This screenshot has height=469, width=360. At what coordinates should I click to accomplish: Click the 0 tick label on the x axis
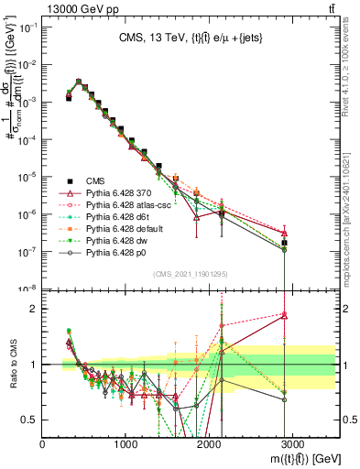[x=43, y=443]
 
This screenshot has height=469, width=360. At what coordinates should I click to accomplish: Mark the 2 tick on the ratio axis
[x=34, y=309]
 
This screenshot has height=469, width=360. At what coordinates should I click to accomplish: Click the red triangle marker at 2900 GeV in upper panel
[x=285, y=232]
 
